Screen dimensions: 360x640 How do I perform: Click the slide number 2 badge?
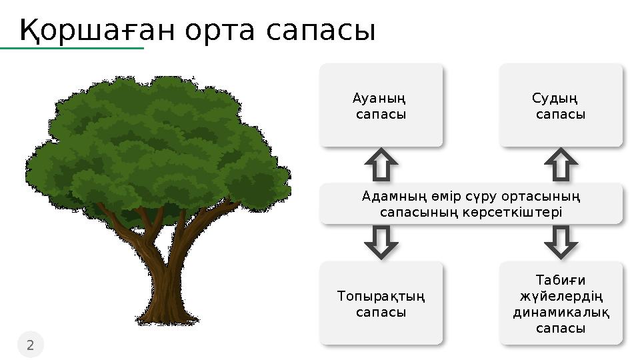pyautogui.click(x=30, y=345)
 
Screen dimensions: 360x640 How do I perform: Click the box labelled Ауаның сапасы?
pyautogui.click(x=381, y=105)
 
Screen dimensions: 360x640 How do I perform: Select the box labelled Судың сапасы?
pyautogui.click(x=561, y=105)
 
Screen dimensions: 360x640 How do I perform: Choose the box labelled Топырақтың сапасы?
pyautogui.click(x=381, y=303)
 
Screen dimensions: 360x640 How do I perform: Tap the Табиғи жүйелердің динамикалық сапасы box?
pyautogui.click(x=561, y=303)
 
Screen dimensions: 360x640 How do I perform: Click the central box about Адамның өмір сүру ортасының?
pyautogui.click(x=471, y=204)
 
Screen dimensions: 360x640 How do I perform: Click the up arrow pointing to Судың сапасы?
pyautogui.click(x=561, y=165)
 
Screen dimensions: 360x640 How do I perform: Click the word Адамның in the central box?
pyautogui.click(x=385, y=197)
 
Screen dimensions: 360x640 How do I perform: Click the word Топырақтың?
pyautogui.click(x=381, y=295)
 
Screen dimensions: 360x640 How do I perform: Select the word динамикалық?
pyautogui.click(x=561, y=312)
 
